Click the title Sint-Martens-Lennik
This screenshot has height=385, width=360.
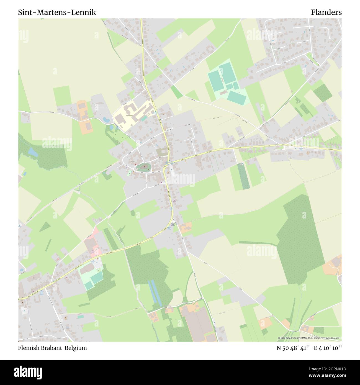tap(57, 12)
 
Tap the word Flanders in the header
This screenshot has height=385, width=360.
tap(326, 12)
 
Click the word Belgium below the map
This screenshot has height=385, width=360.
tap(76, 348)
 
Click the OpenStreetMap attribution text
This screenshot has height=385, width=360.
tap(310, 338)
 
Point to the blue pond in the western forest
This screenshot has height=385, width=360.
tap(33, 152)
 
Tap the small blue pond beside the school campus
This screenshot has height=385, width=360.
tap(106, 120)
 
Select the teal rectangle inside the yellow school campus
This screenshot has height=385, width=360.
tap(144, 118)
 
